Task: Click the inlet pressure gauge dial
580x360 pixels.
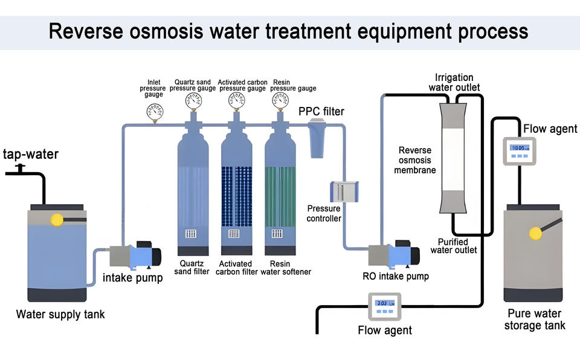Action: [155, 111]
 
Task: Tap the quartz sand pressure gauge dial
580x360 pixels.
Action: [193, 100]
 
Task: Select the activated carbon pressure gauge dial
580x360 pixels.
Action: [237, 100]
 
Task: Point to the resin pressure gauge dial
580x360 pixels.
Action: [280, 100]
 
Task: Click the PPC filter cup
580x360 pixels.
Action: [317, 138]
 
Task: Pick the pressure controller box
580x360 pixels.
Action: [344, 191]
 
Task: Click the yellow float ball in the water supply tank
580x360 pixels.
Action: [57, 220]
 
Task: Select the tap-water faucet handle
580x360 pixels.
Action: [20, 168]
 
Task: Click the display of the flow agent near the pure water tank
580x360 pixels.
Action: [520, 148]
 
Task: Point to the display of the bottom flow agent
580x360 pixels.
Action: [385, 303]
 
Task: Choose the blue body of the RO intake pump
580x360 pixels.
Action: [399, 256]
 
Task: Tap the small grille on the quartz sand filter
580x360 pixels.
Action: [190, 234]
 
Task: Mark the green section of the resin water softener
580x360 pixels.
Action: [280, 196]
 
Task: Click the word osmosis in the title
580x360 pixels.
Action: [166, 31]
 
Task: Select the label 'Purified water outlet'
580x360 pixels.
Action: [454, 246]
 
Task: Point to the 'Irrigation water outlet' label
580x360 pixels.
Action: [454, 83]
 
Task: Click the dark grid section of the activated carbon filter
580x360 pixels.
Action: [237, 196]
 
